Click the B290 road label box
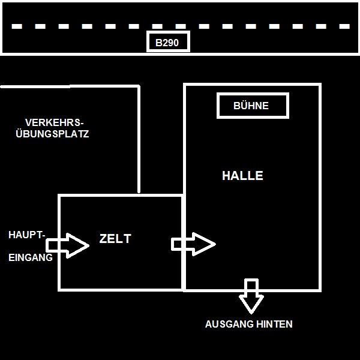pos(169,42)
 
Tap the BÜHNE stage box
pos(253,106)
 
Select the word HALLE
pos(242,176)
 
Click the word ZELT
pos(115,239)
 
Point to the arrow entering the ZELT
pos(68,245)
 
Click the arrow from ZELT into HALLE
pos(193,244)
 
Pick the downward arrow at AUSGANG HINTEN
pos(251,296)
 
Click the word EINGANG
pos(30,257)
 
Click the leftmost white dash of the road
pos(17,26)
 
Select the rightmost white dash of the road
pos(344,26)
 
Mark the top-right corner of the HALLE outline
pos(320,85)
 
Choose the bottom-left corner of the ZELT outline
pos(59,290)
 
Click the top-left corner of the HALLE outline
pos(185,85)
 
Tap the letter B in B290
pos(159,43)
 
